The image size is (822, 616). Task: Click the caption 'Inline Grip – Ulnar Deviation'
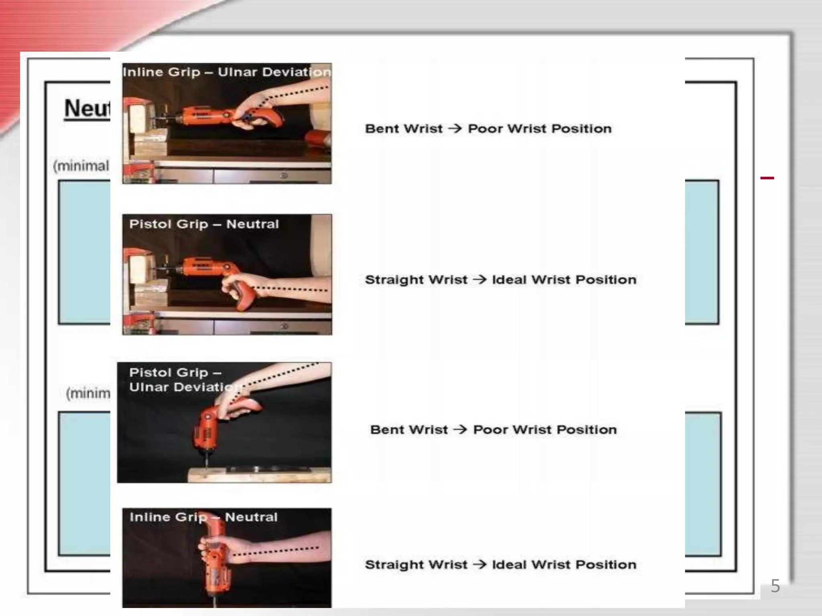click(227, 72)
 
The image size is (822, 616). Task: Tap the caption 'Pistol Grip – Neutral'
click(204, 224)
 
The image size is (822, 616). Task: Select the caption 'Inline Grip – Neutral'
click(203, 517)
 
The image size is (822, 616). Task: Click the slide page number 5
click(775, 586)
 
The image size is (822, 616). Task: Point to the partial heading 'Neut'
click(87, 109)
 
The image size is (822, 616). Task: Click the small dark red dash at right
click(767, 178)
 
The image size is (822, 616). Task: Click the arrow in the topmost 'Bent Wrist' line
click(455, 129)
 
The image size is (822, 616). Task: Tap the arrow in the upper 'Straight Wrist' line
click(480, 280)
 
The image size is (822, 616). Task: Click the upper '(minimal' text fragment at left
click(81, 166)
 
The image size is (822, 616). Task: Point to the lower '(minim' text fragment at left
click(88, 393)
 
